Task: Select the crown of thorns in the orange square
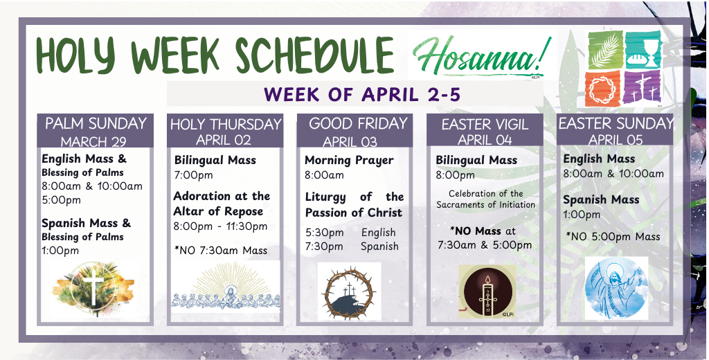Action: click(602, 88)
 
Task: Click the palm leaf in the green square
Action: click(605, 51)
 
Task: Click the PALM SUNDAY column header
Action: click(96, 131)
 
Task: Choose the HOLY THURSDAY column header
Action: click(225, 131)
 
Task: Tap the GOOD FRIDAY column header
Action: click(354, 131)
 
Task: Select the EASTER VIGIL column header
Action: click(485, 131)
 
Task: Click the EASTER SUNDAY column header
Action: click(615, 131)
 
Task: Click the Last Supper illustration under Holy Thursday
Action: click(226, 286)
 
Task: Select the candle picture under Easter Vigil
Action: click(487, 291)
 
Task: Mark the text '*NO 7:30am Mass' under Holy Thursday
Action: click(221, 251)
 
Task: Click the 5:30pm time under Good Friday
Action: click(325, 233)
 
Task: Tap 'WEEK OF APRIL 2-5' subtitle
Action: click(362, 95)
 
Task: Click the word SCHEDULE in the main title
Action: click(315, 55)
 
